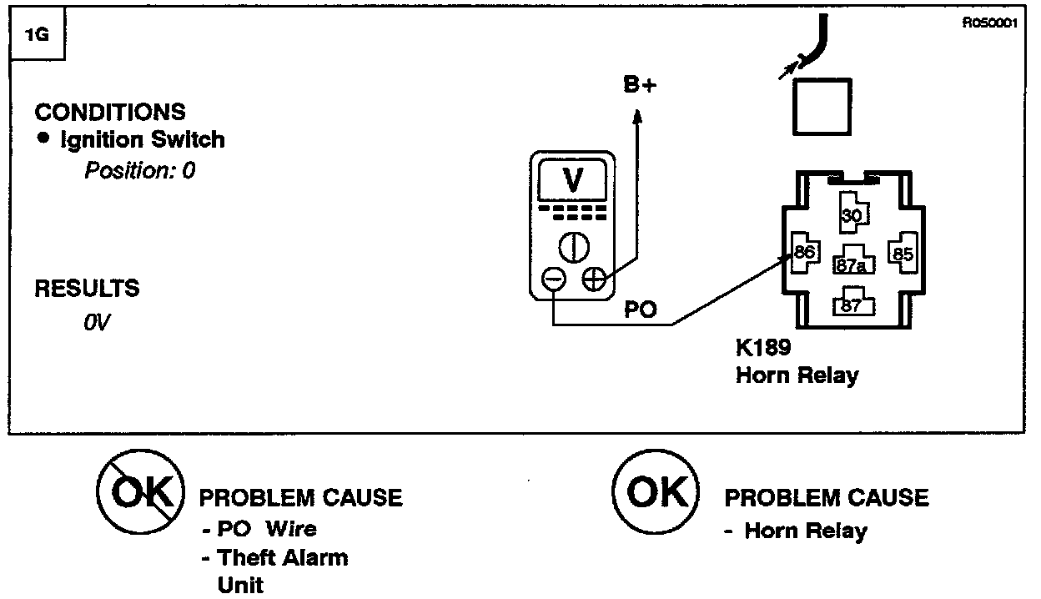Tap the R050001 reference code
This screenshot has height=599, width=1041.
click(990, 24)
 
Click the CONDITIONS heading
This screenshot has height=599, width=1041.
click(110, 112)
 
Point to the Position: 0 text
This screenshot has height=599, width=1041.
click(140, 171)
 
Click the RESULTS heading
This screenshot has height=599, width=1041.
click(87, 289)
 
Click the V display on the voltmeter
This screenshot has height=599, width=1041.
click(572, 179)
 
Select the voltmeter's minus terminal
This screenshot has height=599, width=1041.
click(554, 279)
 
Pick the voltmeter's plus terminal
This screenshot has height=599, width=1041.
click(594, 279)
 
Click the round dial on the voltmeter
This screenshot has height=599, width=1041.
click(573, 245)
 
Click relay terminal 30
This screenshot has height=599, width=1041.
click(851, 216)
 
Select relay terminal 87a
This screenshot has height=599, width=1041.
click(850, 265)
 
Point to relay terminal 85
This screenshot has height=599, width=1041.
click(903, 253)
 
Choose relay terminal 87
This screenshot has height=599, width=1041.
click(850, 305)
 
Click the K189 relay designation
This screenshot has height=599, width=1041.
click(763, 347)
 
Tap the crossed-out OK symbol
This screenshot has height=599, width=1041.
click(140, 494)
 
